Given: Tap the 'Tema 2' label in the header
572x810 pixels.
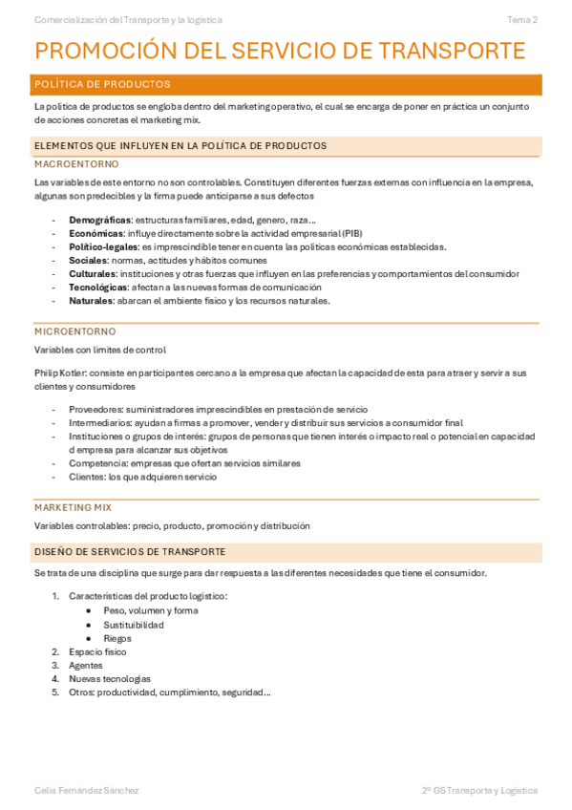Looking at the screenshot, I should tap(521, 19).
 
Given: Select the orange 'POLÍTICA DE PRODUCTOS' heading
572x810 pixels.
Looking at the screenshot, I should tap(102, 84).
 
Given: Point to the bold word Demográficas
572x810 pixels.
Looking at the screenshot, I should tap(99, 220).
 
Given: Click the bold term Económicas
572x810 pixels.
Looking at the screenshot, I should tap(95, 233).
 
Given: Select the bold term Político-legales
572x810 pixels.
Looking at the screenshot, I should tap(103, 246).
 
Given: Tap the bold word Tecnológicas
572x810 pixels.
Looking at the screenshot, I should tap(97, 287).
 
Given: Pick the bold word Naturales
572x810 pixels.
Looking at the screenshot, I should tap(91, 300).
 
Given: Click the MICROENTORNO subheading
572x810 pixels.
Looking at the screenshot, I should tap(69, 331).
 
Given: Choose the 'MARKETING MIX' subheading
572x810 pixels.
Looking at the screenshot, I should tap(73, 507).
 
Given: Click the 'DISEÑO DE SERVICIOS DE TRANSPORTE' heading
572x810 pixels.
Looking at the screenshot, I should tap(130, 552).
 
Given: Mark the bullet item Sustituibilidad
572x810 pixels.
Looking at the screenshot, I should tap(134, 625).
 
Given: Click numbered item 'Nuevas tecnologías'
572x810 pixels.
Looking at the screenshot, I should tap(110, 678).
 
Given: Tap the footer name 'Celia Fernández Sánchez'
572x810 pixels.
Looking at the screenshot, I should tap(86, 790).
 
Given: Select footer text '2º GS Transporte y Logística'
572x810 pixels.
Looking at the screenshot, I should tap(479, 790).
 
